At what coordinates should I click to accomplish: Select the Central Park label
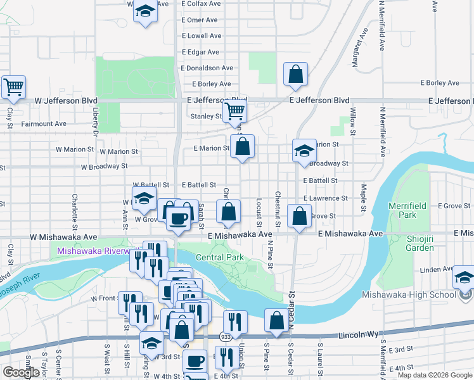tap(220, 257)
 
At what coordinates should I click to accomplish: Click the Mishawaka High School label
tap(409, 294)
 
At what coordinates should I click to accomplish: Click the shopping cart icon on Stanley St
tap(235, 112)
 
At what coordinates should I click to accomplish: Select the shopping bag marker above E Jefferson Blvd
tap(295, 75)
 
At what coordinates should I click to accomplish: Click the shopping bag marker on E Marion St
tap(242, 147)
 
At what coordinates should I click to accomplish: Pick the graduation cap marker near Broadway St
tap(304, 151)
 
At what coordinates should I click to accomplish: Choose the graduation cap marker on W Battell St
tap(144, 198)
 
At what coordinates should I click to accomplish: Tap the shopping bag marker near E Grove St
tap(299, 216)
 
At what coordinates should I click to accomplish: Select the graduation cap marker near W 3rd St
tap(151, 343)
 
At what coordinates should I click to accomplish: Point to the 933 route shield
tap(226, 336)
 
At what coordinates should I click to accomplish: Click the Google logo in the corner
tap(21, 372)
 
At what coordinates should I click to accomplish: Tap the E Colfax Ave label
tap(202, 3)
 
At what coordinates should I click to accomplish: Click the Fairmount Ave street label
tap(43, 124)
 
